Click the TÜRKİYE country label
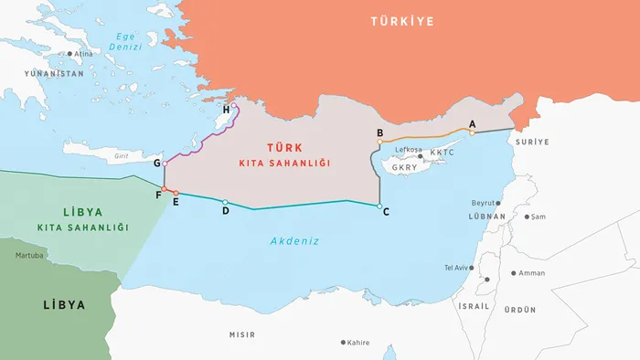(401, 21)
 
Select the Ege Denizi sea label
(123, 42)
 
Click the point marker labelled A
(472, 132)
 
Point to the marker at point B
(379, 142)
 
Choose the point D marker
(225, 202)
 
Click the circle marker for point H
(235, 107)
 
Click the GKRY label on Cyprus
(404, 168)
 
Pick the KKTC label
(442, 153)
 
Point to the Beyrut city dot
(499, 203)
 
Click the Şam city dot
(528, 217)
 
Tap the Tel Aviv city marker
(475, 268)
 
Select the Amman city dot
(512, 273)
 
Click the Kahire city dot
(343, 343)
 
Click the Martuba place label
(28, 255)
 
